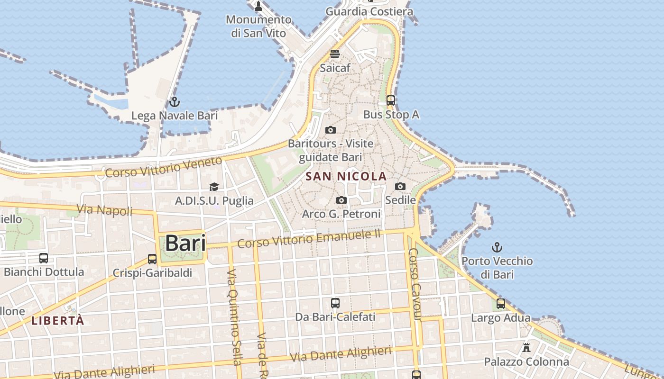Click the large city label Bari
pyautogui.click(x=185, y=244)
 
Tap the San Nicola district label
pyautogui.click(x=346, y=177)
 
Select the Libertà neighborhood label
pyautogui.click(x=58, y=321)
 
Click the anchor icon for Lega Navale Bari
pyautogui.click(x=174, y=102)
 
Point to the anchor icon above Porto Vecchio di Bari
pyautogui.click(x=497, y=247)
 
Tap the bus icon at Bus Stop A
pyautogui.click(x=391, y=100)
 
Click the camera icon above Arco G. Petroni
pyautogui.click(x=341, y=200)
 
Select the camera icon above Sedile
pyautogui.click(x=400, y=186)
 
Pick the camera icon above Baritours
pyautogui.click(x=331, y=130)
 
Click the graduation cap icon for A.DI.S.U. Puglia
pyautogui.click(x=214, y=187)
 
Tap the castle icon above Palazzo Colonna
pyautogui.click(x=526, y=348)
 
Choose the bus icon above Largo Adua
pyautogui.click(x=500, y=304)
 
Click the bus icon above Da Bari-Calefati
pyautogui.click(x=335, y=303)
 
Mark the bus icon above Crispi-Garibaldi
pyautogui.click(x=152, y=259)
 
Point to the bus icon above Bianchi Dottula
pyautogui.click(x=44, y=258)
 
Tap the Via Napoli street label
pyautogui.click(x=105, y=209)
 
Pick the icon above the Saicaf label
pyautogui.click(x=335, y=54)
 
